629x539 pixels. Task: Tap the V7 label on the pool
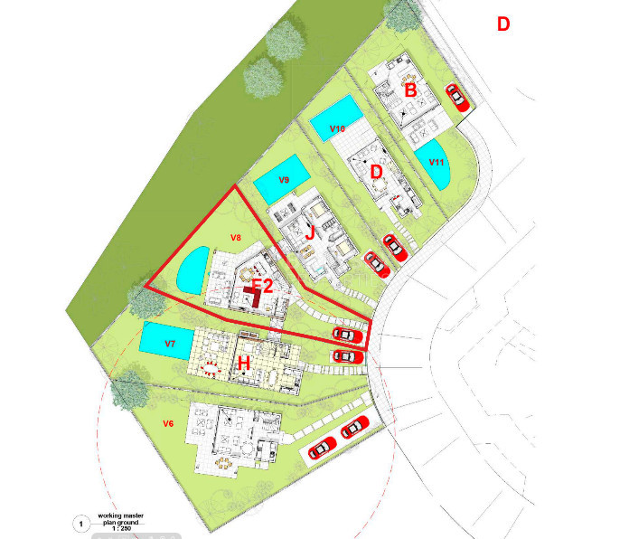169,345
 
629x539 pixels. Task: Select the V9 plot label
284,180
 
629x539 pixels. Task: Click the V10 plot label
338,129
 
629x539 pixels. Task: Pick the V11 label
437,162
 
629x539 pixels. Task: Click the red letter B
410,90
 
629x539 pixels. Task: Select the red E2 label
262,287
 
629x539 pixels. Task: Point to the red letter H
242,363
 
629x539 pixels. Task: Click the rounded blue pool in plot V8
191,272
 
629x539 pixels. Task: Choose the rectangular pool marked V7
165,340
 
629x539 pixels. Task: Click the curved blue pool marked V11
435,164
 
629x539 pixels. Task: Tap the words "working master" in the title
121,515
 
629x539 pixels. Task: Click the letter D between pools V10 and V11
377,171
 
